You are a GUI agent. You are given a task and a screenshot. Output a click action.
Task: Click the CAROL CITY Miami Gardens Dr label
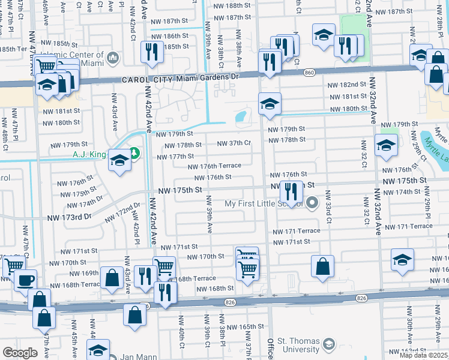point(179,77)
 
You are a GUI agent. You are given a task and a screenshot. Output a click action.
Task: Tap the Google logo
point(20,353)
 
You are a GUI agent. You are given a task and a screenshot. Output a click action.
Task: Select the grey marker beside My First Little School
point(312,203)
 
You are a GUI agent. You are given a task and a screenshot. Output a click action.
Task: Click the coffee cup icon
point(25,280)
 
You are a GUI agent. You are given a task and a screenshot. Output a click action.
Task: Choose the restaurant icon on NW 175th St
point(291,192)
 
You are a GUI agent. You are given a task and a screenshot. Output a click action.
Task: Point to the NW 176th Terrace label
point(214,166)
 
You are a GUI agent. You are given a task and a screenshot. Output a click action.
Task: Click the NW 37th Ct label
point(234,143)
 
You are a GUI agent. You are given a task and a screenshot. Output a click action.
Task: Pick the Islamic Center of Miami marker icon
point(112,58)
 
